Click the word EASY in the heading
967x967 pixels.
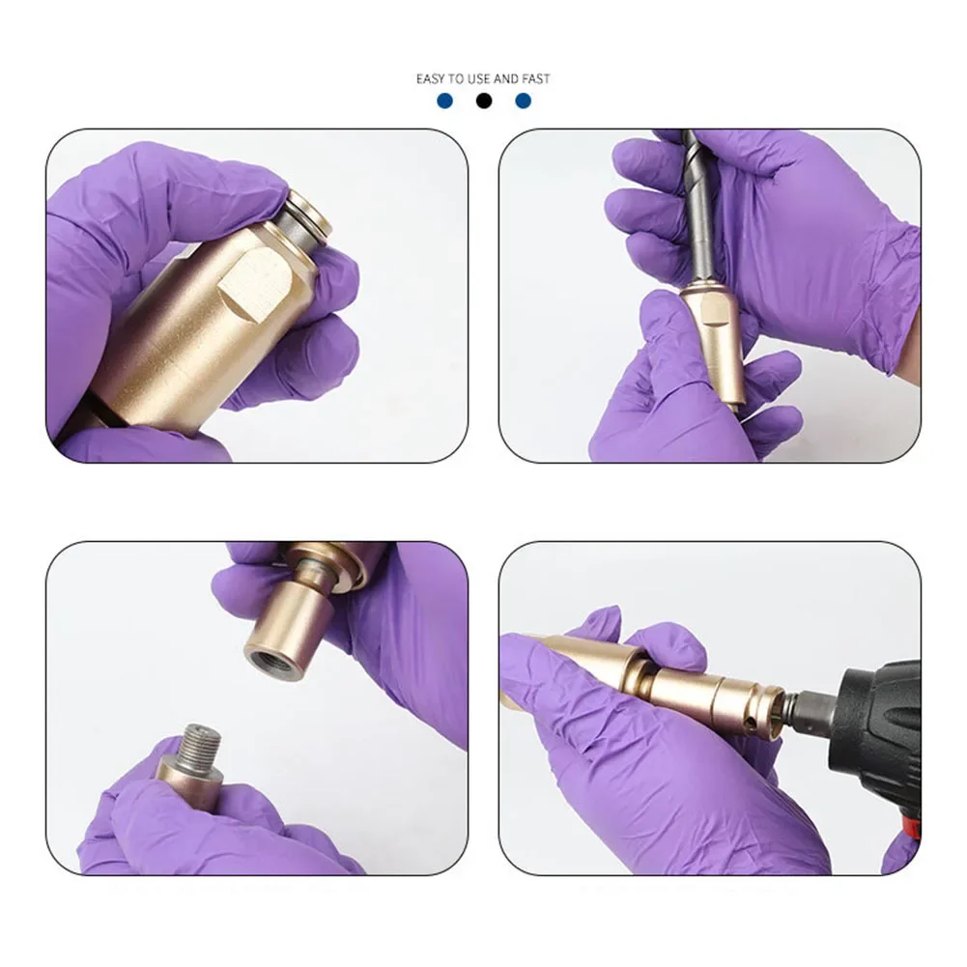[430, 78]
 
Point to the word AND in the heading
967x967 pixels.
[506, 78]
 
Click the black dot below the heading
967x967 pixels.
[484, 100]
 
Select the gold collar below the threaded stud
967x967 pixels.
[188, 779]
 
